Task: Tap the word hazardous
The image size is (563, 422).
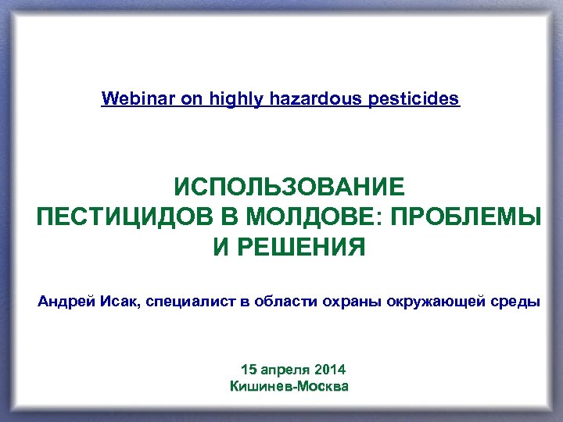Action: click(316, 99)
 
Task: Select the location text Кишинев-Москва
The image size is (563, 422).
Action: click(289, 387)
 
